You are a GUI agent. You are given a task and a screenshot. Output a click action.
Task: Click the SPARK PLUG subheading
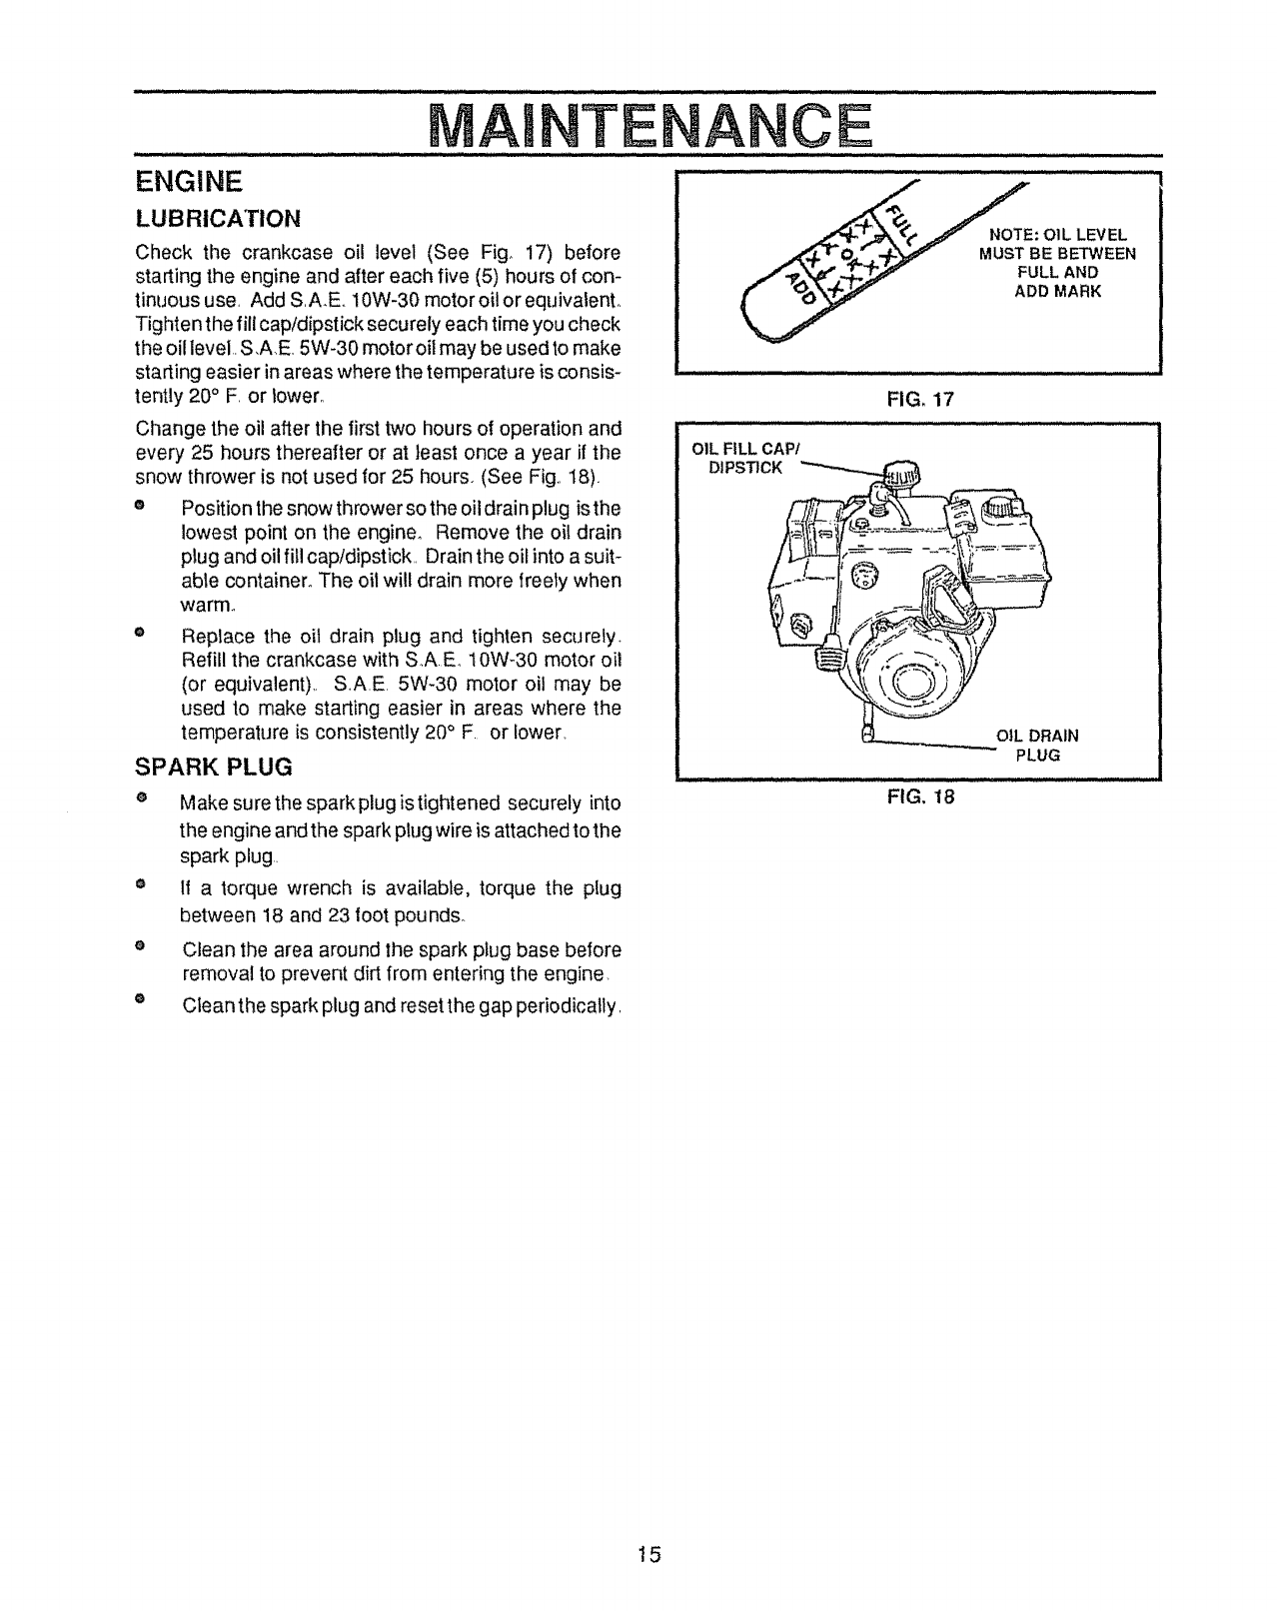click(x=214, y=768)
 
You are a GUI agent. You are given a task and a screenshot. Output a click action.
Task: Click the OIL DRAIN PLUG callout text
click(x=1037, y=746)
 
